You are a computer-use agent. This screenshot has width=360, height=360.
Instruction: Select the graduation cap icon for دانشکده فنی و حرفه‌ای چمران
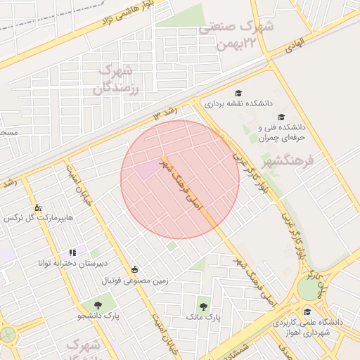point(281,117)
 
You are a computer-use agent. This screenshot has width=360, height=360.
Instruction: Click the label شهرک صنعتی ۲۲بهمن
point(238,35)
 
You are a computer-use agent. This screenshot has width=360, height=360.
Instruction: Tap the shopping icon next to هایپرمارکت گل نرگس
point(37,208)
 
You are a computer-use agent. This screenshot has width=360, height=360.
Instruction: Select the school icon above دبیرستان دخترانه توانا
point(72,252)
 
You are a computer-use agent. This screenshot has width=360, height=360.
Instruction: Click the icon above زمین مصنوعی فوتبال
point(134,269)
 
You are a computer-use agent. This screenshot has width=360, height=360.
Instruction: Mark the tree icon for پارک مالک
point(203,306)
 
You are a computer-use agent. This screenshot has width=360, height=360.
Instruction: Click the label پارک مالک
point(203,318)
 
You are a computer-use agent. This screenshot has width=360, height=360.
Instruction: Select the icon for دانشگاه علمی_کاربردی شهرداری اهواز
point(307,311)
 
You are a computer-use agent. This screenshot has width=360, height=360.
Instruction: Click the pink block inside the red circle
point(148,169)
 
